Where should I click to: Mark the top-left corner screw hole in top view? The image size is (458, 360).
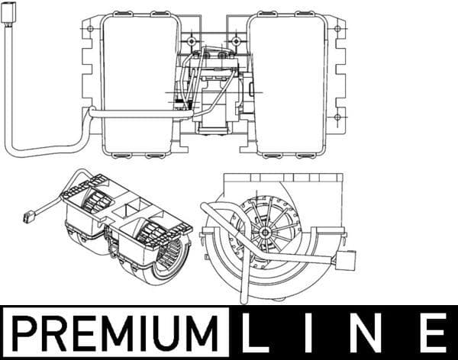coord(91,31)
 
